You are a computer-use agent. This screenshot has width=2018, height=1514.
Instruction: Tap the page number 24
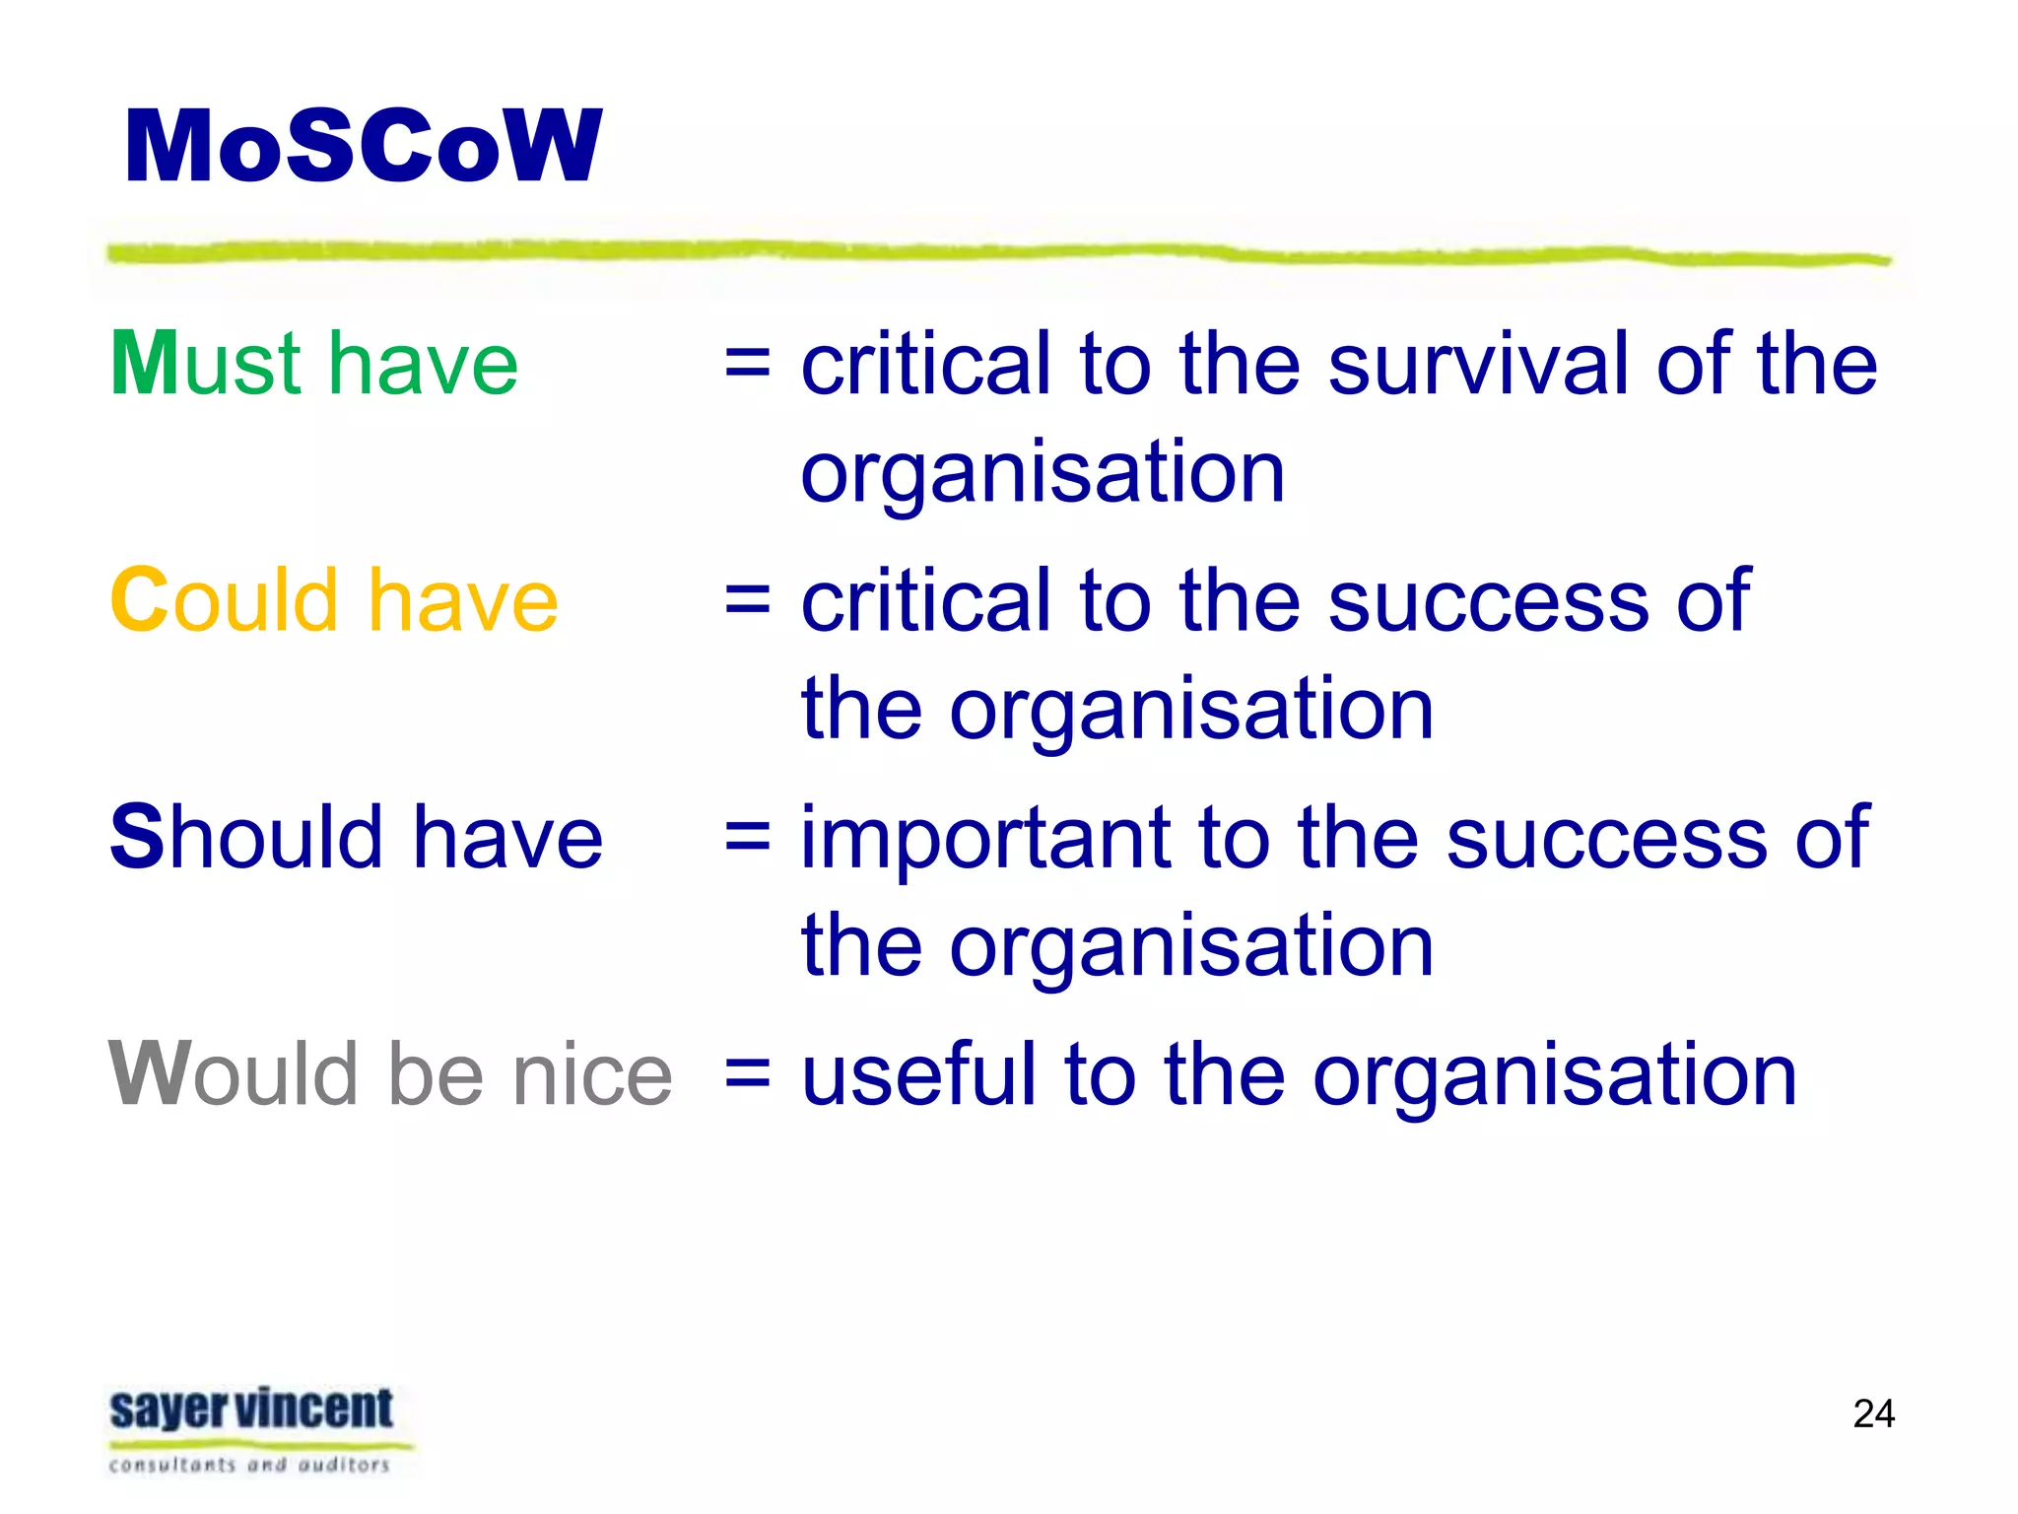coord(1873,1413)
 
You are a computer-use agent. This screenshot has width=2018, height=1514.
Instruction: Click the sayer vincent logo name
coord(251,1410)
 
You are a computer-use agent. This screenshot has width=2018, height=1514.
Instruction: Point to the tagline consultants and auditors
coord(249,1465)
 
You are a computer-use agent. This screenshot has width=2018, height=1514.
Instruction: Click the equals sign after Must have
coord(747,364)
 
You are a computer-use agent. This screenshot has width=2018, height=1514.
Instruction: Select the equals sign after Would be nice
coord(747,1073)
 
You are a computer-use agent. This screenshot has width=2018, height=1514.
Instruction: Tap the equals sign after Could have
coord(747,600)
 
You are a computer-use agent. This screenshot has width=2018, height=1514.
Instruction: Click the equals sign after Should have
coord(747,837)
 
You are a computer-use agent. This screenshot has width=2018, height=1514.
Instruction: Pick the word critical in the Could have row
coord(926,600)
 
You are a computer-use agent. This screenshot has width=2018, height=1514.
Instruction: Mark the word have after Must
coord(423,364)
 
